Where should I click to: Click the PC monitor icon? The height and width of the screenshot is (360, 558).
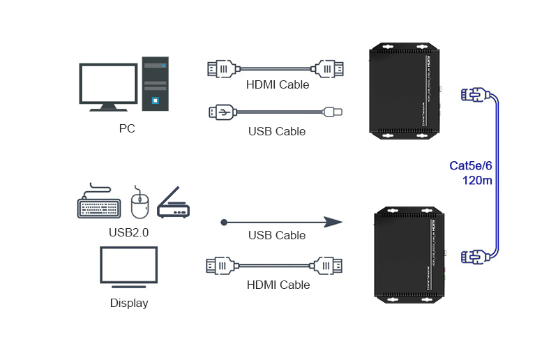(x=108, y=84)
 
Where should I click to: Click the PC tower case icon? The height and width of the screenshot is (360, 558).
(x=156, y=83)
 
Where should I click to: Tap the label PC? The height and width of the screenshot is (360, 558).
(x=127, y=129)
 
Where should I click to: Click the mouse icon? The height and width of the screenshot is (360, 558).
(x=140, y=203)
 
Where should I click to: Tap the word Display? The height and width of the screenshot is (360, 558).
(x=129, y=303)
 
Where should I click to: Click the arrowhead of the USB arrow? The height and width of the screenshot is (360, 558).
(x=333, y=223)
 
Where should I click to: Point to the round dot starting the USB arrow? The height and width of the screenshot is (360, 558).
(x=224, y=223)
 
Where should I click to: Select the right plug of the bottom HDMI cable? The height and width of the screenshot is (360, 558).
(x=328, y=265)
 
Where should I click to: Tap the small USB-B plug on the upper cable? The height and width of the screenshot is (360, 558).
(x=333, y=111)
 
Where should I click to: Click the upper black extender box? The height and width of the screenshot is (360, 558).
(x=405, y=90)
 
